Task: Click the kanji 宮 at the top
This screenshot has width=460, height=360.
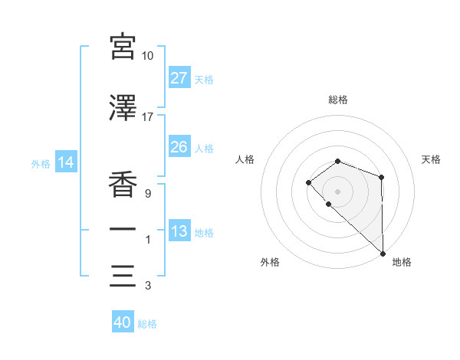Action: [123, 47]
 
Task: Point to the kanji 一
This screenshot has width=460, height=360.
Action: [123, 228]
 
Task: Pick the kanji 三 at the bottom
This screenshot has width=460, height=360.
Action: [123, 274]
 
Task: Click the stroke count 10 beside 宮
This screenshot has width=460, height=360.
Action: [148, 56]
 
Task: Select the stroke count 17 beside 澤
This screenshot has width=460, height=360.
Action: [148, 116]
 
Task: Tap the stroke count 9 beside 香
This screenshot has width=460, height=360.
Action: [147, 192]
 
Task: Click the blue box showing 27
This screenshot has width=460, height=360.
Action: [179, 78]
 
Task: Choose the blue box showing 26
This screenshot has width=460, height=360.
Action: [179, 147]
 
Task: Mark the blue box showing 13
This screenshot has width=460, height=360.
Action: [179, 231]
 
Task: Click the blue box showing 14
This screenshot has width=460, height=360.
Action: [65, 162]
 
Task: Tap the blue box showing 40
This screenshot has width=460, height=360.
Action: [123, 322]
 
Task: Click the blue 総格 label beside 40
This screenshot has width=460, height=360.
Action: [147, 324]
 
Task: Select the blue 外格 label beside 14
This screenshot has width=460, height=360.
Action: [41, 163]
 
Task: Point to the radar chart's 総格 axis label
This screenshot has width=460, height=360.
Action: [338, 100]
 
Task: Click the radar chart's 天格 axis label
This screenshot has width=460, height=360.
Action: [431, 159]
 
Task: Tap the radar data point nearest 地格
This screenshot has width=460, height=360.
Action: [382, 252]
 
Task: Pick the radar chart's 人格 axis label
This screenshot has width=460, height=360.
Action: [245, 159]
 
